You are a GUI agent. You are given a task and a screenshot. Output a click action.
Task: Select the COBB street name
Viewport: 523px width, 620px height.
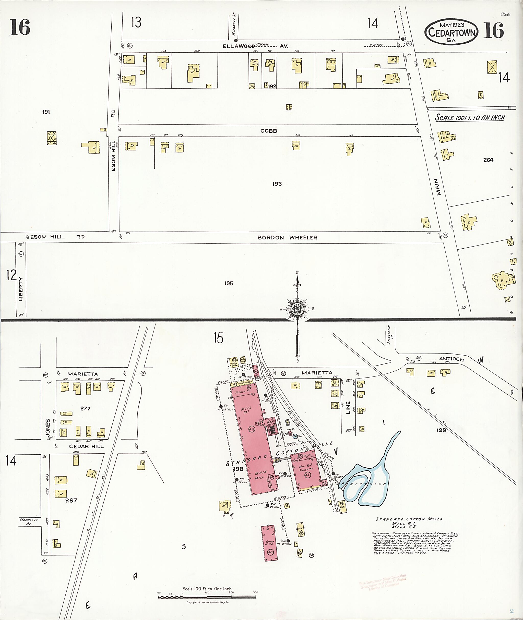pos(269,131)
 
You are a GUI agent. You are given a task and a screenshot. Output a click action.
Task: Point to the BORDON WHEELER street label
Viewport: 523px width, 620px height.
pos(287,237)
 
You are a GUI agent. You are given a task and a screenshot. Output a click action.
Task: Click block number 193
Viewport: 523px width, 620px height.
pos(277,184)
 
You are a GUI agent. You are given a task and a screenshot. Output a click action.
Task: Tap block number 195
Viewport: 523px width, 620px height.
pos(229,283)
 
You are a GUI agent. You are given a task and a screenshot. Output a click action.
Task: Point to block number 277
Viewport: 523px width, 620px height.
pos(85,408)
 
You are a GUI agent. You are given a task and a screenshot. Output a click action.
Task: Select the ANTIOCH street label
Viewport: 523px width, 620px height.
pos(451,359)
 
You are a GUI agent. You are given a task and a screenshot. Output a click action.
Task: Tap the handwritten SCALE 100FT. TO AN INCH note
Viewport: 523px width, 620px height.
pos(470,118)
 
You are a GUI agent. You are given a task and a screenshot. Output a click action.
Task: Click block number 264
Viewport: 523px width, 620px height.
pos(488,160)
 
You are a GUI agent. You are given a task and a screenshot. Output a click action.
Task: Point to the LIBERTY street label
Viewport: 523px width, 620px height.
pos(21,289)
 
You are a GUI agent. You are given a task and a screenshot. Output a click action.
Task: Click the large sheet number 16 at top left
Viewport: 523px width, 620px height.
pos(20,27)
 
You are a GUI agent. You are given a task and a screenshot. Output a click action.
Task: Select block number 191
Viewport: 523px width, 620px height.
pos(46,112)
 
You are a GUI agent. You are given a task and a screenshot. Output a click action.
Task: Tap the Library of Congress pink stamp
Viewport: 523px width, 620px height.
pos(382,583)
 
